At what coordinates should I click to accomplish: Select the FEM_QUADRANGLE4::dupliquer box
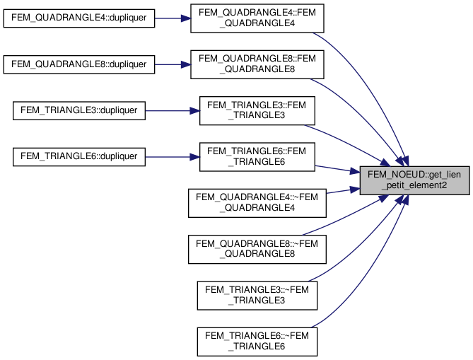click(x=79, y=18)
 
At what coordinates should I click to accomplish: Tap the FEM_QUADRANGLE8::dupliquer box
click(x=79, y=64)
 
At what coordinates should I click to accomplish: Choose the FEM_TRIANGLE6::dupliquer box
click(x=79, y=156)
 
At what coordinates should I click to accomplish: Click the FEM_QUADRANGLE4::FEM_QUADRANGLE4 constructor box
click(x=257, y=18)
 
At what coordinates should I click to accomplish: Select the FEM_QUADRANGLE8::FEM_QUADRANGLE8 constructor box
click(x=257, y=64)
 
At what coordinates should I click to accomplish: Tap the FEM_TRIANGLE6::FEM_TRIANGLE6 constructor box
click(x=257, y=156)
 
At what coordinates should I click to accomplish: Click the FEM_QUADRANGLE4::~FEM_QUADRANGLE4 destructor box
click(x=257, y=202)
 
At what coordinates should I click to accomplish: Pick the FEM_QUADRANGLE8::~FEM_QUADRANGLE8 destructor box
click(x=257, y=248)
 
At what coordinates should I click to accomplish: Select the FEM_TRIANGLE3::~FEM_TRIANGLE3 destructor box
click(x=257, y=294)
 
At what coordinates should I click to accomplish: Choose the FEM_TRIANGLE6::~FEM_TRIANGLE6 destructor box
click(x=257, y=340)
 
